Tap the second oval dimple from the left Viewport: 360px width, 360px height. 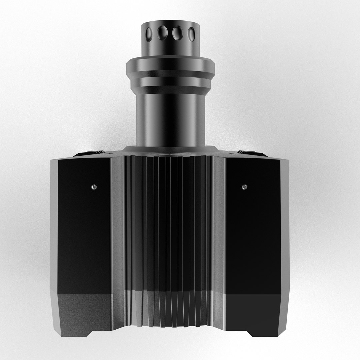tap(163, 33)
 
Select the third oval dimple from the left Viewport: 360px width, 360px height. tap(177, 33)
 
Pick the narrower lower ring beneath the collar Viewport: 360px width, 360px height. tap(170, 81)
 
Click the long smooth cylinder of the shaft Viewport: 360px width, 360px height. tap(170, 117)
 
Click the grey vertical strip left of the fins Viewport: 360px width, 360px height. tap(119, 233)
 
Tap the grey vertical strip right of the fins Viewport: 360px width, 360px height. tap(219, 233)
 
